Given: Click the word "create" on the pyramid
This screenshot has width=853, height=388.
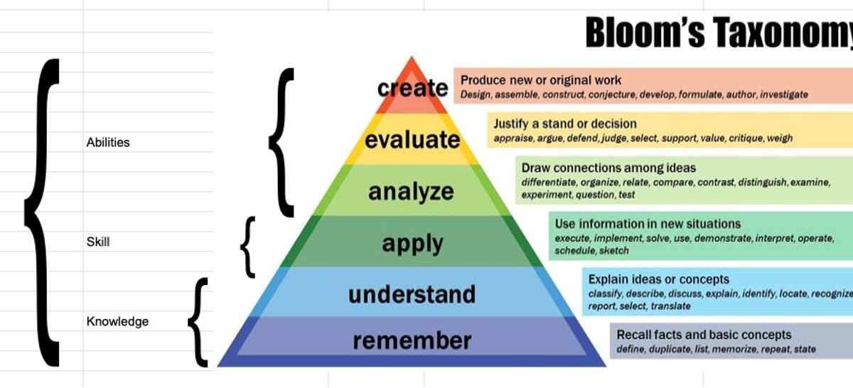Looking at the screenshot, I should coord(413,88).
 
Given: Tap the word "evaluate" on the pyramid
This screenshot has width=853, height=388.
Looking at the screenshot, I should coord(413,139).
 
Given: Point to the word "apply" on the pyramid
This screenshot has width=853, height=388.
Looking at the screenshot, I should coord(412,243).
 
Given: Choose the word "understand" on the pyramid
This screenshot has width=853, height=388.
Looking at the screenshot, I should coord(412,294).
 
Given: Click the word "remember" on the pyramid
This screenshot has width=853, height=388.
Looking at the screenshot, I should coord(412,340).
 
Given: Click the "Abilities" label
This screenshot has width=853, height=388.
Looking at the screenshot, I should coord(108,142).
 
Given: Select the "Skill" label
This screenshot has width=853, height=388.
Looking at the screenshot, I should coord(98,242).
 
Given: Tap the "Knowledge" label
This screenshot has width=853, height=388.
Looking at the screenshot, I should coord(117,322).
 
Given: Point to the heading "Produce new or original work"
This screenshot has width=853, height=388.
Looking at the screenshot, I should coord(541,80).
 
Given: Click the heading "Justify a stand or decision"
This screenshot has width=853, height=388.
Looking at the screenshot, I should coord(565,124).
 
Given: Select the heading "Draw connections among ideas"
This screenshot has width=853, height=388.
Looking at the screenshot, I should coord(608,168).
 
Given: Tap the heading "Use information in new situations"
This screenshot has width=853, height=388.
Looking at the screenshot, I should coord(648,224).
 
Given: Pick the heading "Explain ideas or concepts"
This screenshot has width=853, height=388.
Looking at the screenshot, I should coord(658,279).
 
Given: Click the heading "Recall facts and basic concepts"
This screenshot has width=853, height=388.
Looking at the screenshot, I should coord(704,335).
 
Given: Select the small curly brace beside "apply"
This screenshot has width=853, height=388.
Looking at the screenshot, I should coord(247,247).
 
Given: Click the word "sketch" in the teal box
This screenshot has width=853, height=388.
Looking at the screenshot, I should coord(613,250).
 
